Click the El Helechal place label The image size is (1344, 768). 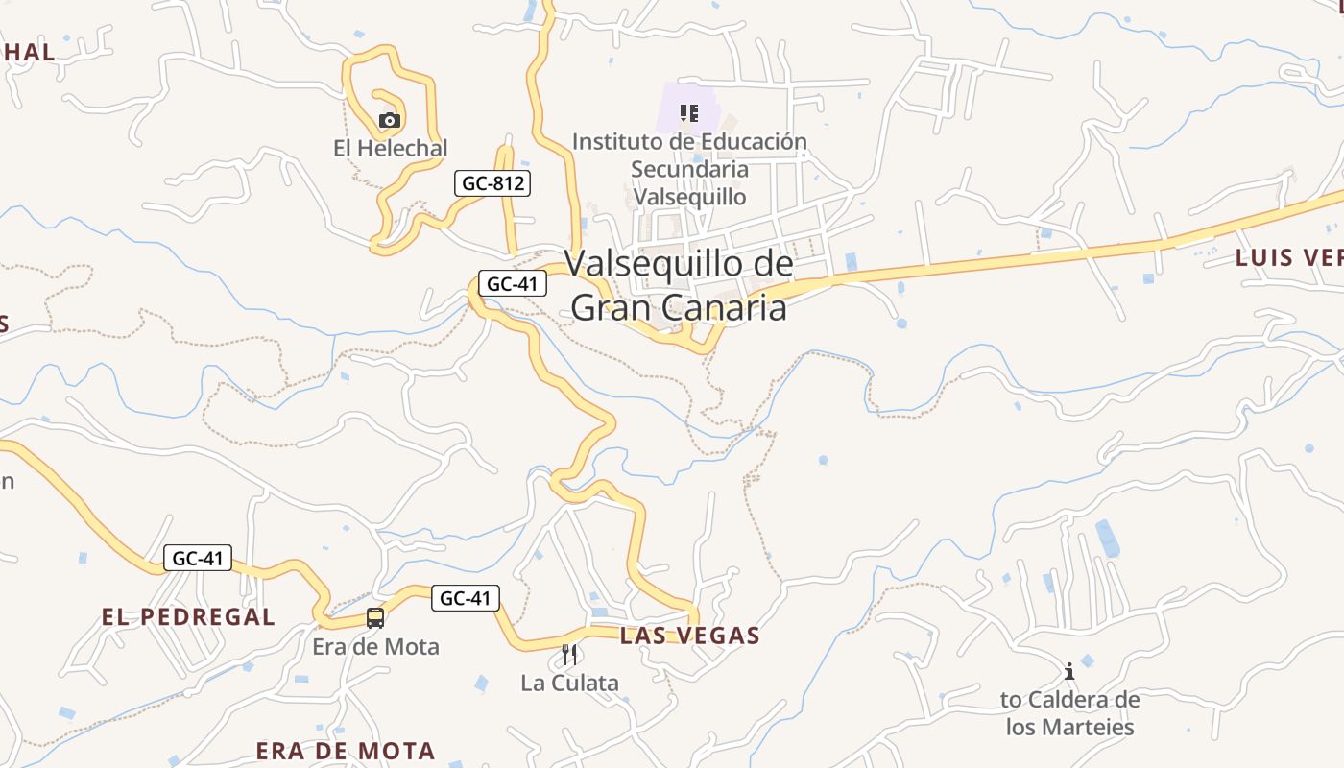[390, 148]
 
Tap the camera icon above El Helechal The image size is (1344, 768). [389, 120]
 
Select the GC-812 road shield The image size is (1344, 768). [492, 182]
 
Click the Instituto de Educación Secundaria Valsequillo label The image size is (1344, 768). [689, 169]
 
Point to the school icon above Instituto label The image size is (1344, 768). [688, 113]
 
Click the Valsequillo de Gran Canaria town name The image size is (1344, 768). [679, 285]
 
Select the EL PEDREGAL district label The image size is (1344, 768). [188, 616]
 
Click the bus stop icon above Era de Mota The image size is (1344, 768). [374, 618]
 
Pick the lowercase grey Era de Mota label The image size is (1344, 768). [375, 646]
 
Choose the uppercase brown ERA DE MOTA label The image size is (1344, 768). [346, 750]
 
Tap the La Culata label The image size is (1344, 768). [569, 683]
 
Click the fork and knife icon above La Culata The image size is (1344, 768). [569, 655]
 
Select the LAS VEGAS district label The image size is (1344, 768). [689, 636]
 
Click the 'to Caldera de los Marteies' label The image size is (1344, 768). [1069, 712]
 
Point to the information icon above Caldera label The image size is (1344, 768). [1069, 671]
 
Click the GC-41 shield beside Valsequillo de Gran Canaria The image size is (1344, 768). [513, 283]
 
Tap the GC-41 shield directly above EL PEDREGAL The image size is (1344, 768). [198, 558]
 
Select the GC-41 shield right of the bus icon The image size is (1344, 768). [465, 598]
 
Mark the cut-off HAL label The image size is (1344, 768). [28, 52]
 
